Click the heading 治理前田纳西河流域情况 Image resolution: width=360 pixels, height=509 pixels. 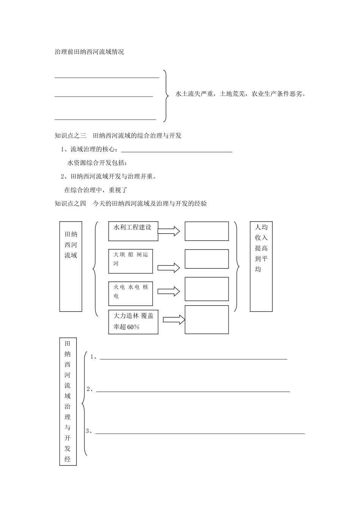click(x=89, y=52)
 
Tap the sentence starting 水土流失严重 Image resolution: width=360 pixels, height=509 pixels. click(x=240, y=94)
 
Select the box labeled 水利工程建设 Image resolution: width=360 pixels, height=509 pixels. click(x=133, y=231)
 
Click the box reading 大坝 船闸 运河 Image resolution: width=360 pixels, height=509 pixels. click(x=130, y=261)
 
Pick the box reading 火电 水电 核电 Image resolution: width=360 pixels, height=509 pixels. click(x=130, y=294)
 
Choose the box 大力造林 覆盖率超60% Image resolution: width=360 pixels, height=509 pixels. click(x=133, y=322)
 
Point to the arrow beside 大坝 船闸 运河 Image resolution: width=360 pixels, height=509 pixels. click(x=169, y=268)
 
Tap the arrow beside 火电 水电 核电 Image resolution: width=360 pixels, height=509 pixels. click(x=169, y=292)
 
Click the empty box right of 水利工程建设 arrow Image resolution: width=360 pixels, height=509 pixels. click(x=207, y=231)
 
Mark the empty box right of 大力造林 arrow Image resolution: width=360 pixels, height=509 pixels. click(x=207, y=320)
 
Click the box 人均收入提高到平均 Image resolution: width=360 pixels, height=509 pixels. click(x=261, y=266)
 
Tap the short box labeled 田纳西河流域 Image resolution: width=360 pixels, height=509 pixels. click(x=71, y=266)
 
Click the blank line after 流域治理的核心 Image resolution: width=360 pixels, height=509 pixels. click(x=177, y=151)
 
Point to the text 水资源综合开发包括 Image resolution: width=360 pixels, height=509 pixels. click(x=97, y=163)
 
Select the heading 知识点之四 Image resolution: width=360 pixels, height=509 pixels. click(x=131, y=204)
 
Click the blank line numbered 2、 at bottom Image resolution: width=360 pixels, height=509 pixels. click(x=193, y=391)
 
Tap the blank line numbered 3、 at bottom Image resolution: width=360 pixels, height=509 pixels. click(x=200, y=433)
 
